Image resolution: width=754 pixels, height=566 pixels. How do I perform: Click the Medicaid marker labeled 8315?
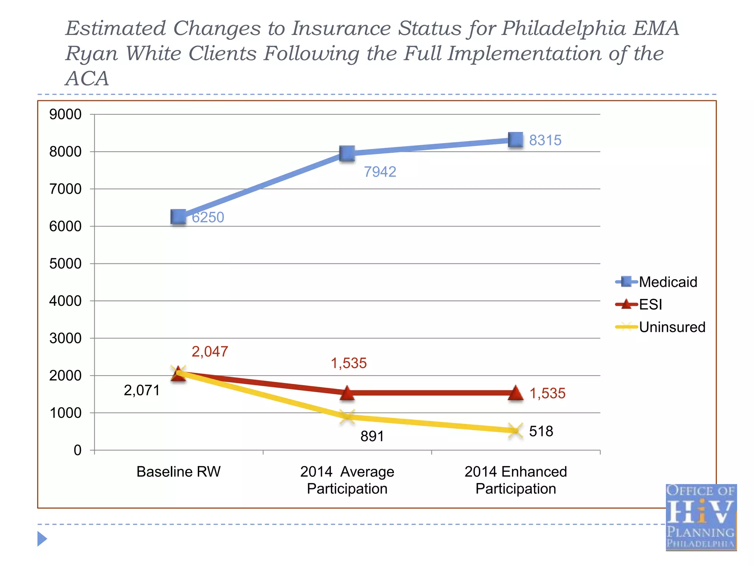tap(515, 140)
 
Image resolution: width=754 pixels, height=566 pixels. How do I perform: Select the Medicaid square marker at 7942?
tap(347, 153)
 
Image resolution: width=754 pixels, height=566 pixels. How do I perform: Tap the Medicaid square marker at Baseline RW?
tap(179, 217)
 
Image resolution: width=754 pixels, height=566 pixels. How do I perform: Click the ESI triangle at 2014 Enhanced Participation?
tap(515, 393)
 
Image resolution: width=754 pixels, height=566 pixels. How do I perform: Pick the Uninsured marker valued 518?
tap(515, 431)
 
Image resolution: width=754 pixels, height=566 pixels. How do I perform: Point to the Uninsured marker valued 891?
tap(347, 417)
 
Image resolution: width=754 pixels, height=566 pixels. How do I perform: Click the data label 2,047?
tap(210, 352)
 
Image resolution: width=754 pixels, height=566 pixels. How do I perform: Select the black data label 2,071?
tap(142, 390)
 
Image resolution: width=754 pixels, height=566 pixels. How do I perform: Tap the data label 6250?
tap(208, 217)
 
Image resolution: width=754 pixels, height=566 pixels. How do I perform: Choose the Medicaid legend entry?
tap(657, 282)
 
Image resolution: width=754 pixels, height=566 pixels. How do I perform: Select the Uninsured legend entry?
tap(660, 327)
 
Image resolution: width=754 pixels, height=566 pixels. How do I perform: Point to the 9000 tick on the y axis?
tap(66, 114)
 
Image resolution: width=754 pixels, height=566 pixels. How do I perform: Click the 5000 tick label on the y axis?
tap(66, 263)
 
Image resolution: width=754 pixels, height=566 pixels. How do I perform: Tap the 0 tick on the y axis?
tap(77, 450)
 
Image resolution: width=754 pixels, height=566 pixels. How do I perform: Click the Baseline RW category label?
tap(179, 472)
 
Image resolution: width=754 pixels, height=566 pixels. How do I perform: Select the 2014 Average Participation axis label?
tap(347, 480)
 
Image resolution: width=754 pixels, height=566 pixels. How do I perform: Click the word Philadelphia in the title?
tap(564, 28)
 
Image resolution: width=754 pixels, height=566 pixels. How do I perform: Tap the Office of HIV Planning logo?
tap(701, 517)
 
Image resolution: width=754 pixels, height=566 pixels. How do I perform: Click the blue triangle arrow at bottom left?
tap(42, 539)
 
